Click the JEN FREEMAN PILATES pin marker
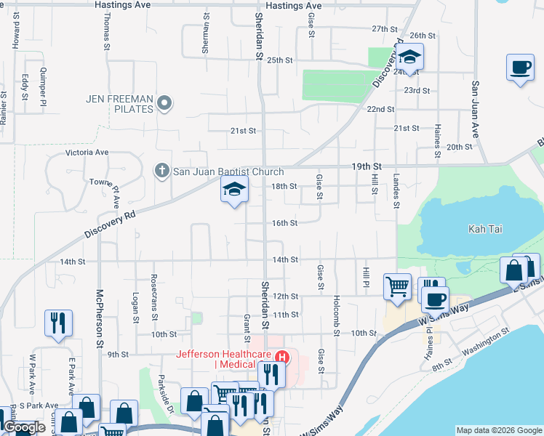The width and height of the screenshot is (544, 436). click(x=165, y=103)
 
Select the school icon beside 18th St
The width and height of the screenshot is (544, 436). click(x=234, y=190)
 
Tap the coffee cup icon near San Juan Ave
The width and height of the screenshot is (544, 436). click(x=520, y=68)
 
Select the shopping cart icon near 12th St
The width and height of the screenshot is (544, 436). click(x=397, y=287)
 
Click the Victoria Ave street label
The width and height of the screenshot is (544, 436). click(x=87, y=153)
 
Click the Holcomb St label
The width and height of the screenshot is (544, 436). click(x=337, y=314)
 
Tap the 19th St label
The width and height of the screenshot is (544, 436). click(x=367, y=166)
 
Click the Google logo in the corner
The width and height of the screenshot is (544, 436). click(x=23, y=428)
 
